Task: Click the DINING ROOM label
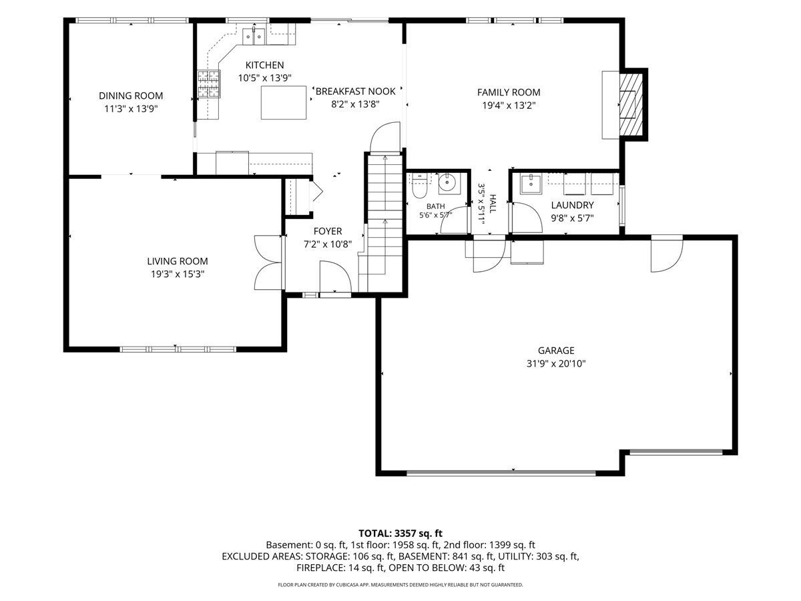click(x=131, y=95)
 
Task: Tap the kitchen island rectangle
click(x=284, y=103)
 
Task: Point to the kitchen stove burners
click(x=209, y=84)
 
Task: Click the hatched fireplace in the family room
click(x=631, y=105)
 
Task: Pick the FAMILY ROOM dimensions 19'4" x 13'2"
click(x=509, y=106)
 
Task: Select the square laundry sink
click(x=531, y=184)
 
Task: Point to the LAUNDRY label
click(x=572, y=205)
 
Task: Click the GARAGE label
click(x=556, y=351)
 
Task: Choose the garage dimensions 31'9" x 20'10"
click(x=556, y=363)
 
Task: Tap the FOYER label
click(x=328, y=231)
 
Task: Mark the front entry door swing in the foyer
click(x=335, y=276)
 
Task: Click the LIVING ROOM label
click(x=178, y=261)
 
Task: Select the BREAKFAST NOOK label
click(x=355, y=91)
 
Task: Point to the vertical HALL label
click(x=493, y=204)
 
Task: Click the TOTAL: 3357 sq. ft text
click(x=400, y=534)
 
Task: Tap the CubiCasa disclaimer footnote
click(x=400, y=585)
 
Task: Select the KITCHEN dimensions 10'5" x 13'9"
click(x=265, y=78)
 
